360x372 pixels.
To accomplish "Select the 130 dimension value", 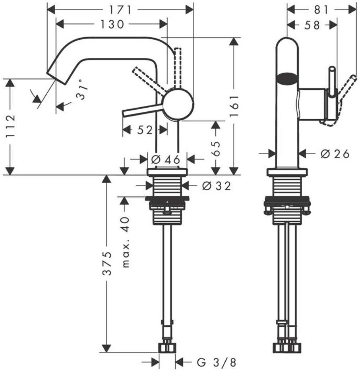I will click(x=112, y=24).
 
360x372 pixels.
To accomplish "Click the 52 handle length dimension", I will click(x=145, y=130).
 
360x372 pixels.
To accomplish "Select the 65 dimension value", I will click(x=215, y=147).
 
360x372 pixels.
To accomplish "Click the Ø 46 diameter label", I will click(x=166, y=160).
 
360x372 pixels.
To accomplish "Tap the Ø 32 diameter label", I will click(x=216, y=186).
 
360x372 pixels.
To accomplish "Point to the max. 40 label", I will click(x=126, y=242).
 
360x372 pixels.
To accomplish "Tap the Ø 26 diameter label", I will click(x=335, y=153).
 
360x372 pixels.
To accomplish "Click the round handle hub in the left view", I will click(x=178, y=104).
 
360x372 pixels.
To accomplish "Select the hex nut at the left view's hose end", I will click(x=167, y=347).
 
